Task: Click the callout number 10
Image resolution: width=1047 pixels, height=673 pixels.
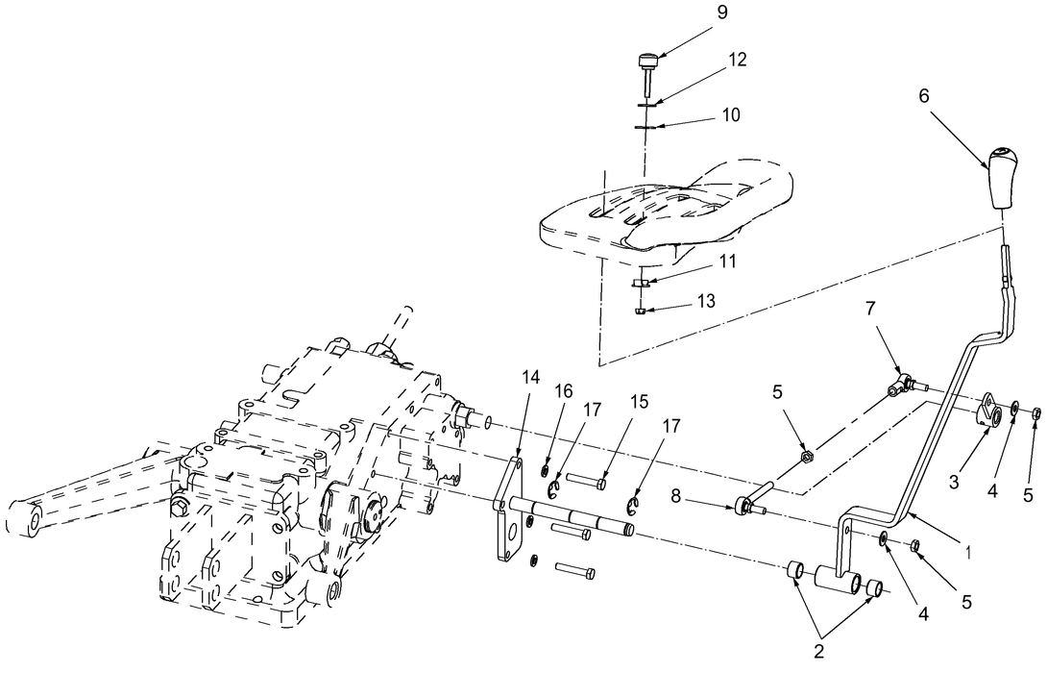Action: (x=731, y=114)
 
